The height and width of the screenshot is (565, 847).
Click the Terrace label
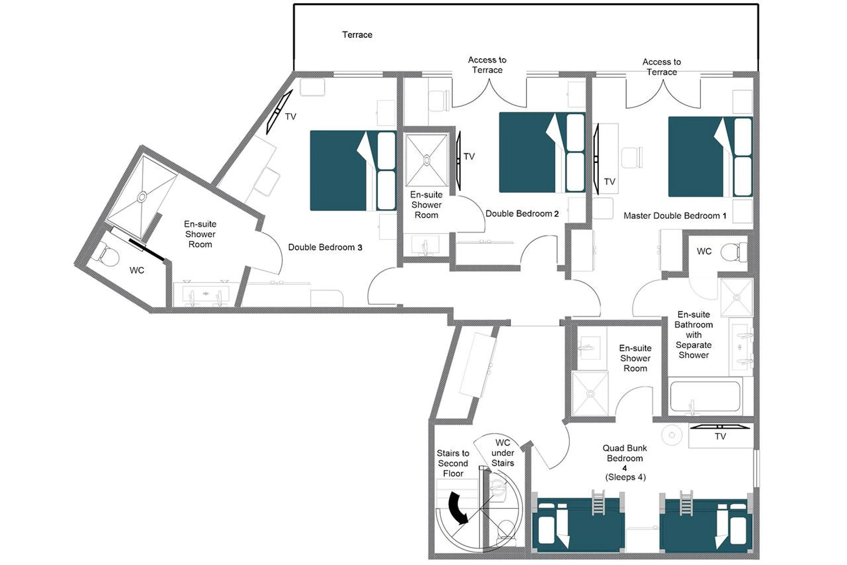(357, 35)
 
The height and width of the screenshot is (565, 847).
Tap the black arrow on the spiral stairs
(457, 509)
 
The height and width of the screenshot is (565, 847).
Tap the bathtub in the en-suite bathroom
(705, 396)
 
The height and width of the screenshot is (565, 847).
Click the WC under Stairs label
(502, 453)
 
